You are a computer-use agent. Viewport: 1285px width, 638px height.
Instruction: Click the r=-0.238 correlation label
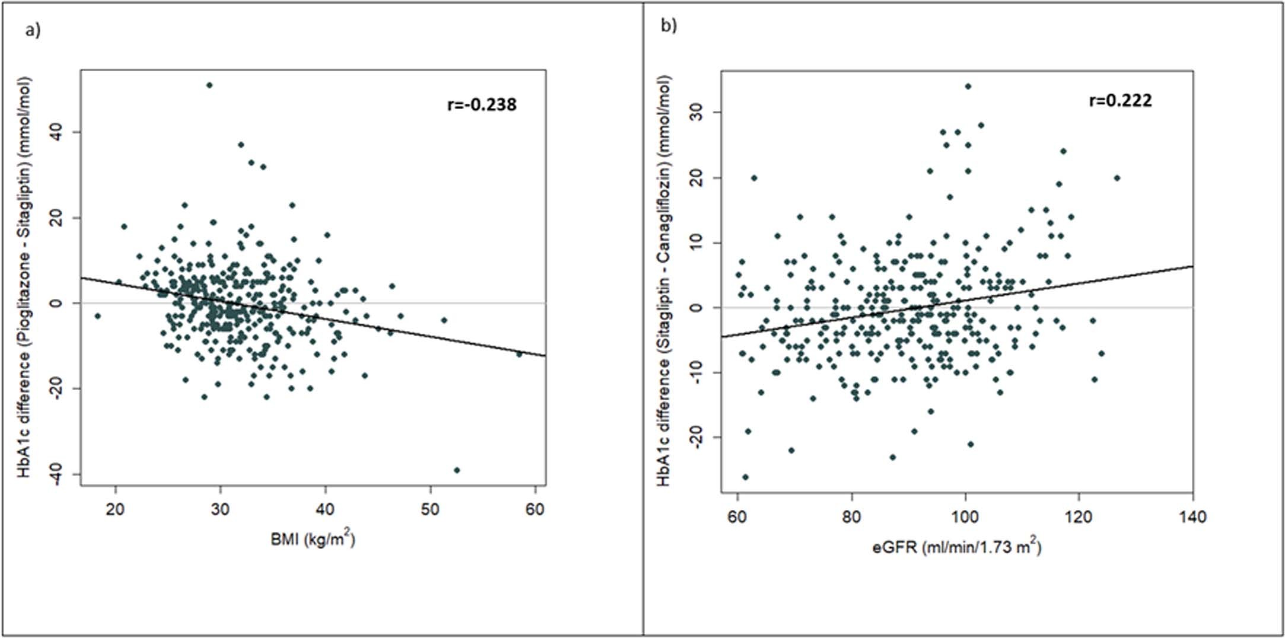tap(482, 105)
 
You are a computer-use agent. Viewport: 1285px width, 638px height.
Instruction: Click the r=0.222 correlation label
tap(1120, 101)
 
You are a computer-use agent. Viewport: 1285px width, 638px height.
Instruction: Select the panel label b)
tap(669, 26)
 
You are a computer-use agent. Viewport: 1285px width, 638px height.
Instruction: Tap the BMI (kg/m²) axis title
tap(313, 540)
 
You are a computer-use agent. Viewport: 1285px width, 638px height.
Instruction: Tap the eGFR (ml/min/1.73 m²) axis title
tap(956, 546)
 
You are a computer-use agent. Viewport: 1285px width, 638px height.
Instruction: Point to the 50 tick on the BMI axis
tap(430, 510)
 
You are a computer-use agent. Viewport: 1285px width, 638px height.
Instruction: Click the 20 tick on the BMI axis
tap(115, 510)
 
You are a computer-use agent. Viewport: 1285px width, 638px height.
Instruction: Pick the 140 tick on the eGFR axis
tap(1192, 517)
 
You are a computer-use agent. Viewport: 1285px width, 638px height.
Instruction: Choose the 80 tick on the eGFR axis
tap(851, 517)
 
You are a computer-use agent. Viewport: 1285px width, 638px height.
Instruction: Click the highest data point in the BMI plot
tap(209, 85)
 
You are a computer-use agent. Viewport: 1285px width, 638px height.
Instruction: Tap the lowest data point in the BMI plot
tap(456, 470)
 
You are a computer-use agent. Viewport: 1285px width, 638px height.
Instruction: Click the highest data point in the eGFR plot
tap(968, 87)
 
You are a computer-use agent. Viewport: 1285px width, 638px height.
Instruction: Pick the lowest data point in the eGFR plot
tap(745, 477)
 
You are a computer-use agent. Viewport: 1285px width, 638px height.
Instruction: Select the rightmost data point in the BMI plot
tap(519, 354)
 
